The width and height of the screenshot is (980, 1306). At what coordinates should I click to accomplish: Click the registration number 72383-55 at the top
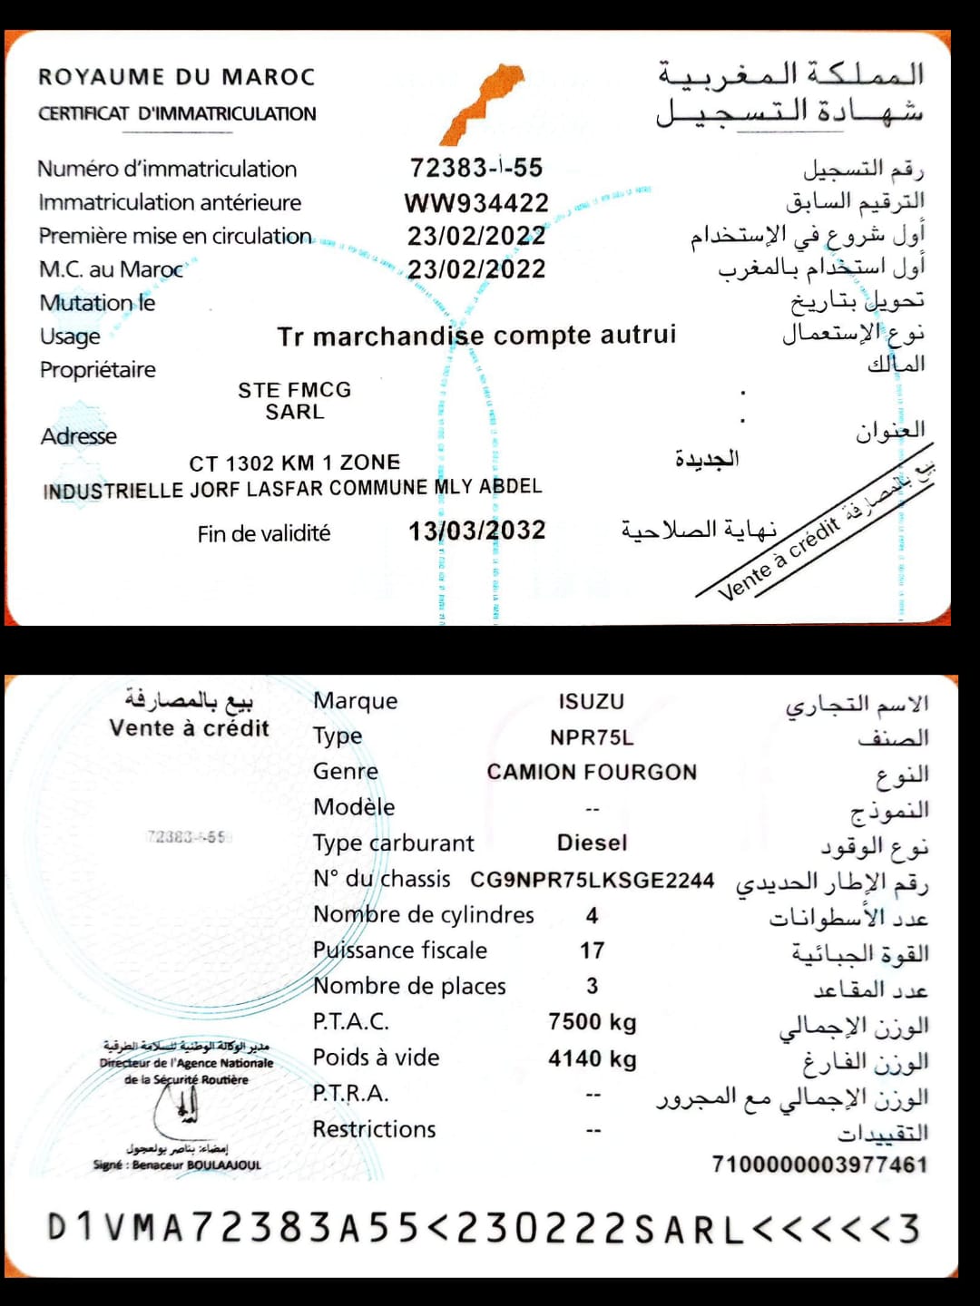(475, 168)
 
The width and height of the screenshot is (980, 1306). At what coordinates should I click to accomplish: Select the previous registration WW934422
(476, 202)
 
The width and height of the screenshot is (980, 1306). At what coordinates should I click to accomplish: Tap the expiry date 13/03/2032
(476, 531)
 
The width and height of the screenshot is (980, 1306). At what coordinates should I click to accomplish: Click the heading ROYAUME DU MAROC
(177, 77)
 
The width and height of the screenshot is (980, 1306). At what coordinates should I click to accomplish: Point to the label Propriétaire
(98, 370)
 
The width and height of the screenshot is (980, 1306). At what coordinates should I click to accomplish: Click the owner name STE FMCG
(294, 390)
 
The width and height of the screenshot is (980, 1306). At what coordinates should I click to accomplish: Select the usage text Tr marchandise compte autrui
(476, 336)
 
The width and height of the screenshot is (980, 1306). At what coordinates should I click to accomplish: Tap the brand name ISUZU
(591, 702)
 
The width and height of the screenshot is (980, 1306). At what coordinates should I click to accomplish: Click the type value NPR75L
(591, 737)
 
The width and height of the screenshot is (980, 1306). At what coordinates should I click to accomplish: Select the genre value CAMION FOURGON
(592, 773)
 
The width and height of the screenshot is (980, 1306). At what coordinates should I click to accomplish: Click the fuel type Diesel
(592, 843)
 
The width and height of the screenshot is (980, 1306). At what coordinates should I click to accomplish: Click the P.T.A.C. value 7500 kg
(592, 1023)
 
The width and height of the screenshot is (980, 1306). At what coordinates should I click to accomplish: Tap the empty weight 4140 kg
(592, 1059)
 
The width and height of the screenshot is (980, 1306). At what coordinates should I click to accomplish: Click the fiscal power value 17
(592, 951)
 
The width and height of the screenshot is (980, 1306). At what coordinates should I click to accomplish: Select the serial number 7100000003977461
(819, 1165)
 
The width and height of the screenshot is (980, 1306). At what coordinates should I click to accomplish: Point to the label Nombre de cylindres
(424, 915)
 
